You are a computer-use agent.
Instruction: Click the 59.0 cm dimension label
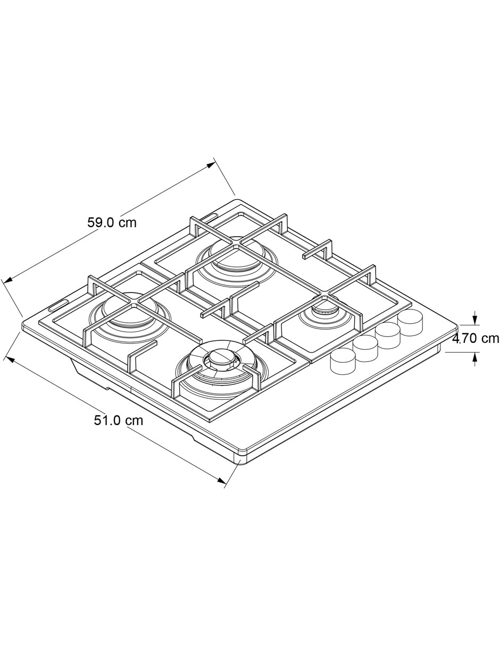tap(112, 222)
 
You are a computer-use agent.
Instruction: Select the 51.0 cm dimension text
tap(118, 420)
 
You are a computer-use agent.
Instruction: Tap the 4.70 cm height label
tap(476, 338)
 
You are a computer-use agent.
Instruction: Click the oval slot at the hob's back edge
tap(211, 217)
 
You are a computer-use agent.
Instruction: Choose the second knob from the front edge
tap(365, 349)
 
